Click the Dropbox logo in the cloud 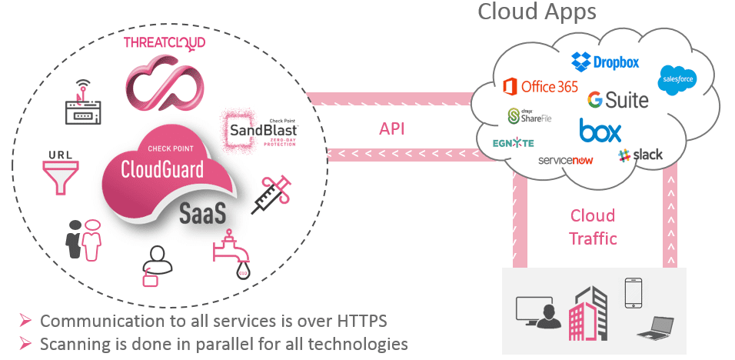click(x=605, y=62)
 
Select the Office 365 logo click(x=540, y=86)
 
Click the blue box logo click(x=600, y=131)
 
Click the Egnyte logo click(x=513, y=143)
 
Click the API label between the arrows click(x=393, y=128)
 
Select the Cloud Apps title click(x=537, y=12)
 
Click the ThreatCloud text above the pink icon click(x=165, y=42)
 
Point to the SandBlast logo click(x=262, y=131)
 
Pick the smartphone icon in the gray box click(x=633, y=292)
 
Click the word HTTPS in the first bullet click(x=353, y=321)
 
